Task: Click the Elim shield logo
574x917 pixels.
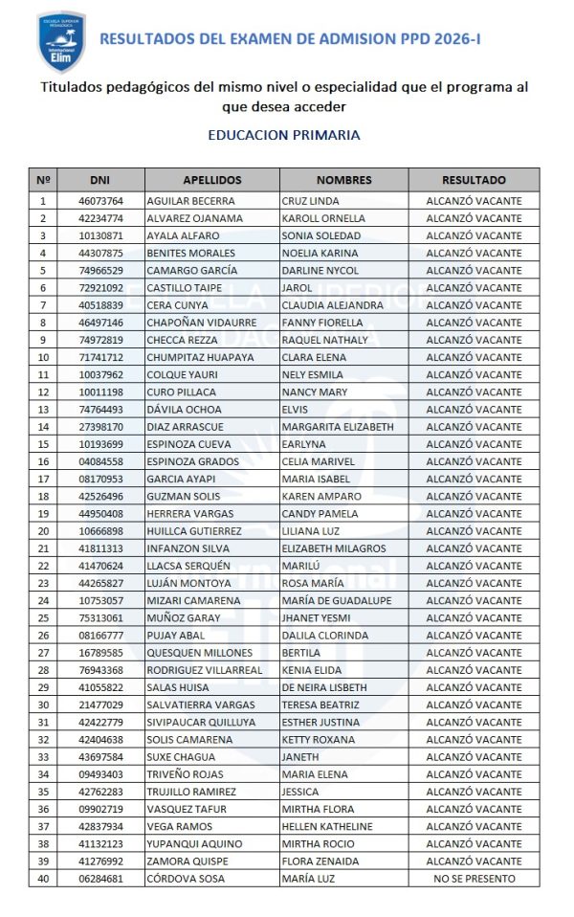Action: (62, 42)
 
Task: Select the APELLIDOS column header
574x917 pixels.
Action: (212, 180)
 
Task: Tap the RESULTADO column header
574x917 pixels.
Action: (474, 180)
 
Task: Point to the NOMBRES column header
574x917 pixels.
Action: (343, 180)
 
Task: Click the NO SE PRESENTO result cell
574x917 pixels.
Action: (474, 879)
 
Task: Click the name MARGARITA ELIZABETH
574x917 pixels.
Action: (338, 427)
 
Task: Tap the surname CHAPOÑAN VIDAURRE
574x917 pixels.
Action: (201, 323)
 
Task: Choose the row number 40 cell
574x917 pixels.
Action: (43, 879)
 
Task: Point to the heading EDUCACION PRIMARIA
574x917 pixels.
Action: (284, 135)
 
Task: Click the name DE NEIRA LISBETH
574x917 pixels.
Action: (324, 687)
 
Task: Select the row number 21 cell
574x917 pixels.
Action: (43, 548)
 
